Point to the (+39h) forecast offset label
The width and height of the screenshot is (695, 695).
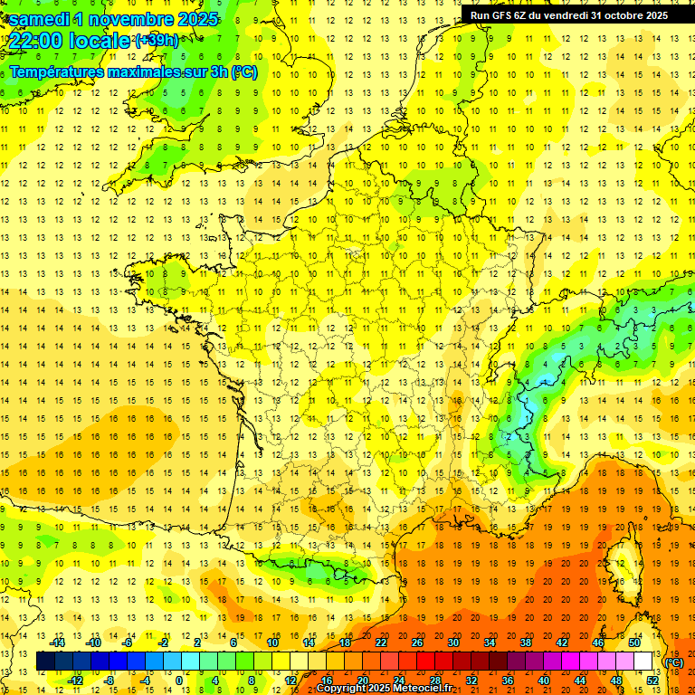pos(157,41)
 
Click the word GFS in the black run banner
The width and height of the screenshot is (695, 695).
pos(505,15)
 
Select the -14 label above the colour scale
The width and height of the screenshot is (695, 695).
pos(59,643)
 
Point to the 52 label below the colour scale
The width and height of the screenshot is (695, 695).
pos(652,680)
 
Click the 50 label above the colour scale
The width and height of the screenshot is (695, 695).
pos(633,643)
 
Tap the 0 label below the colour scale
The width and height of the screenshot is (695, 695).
pos(179,680)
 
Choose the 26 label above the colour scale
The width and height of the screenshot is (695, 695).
pos(417,643)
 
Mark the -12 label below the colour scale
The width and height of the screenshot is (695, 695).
pos(77,680)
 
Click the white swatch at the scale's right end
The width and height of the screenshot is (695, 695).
pos(643,662)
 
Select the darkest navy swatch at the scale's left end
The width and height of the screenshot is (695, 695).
pos(45,662)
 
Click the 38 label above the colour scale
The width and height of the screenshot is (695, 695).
pos(525,643)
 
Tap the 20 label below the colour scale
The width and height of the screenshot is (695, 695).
pos(363,680)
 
